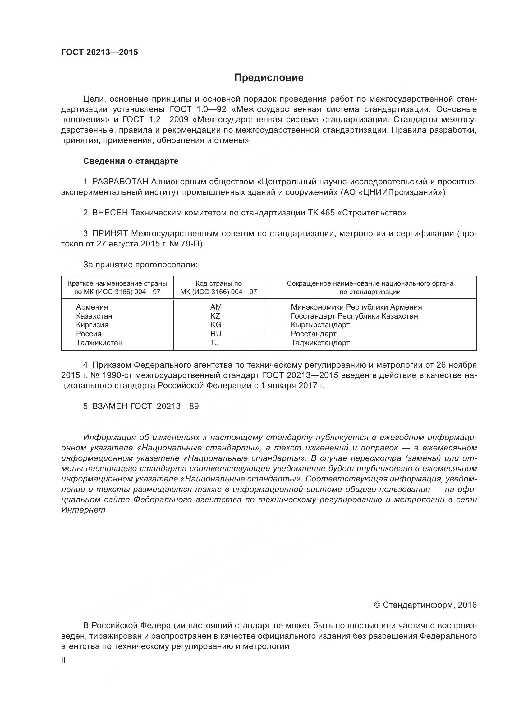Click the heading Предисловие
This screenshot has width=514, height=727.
click(x=269, y=78)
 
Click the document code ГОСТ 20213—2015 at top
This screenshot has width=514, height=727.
click(x=99, y=52)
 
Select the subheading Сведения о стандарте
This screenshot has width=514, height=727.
click(x=131, y=161)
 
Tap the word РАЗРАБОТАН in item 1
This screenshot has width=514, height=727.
click(x=120, y=182)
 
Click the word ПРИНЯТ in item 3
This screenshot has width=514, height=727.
click(x=110, y=234)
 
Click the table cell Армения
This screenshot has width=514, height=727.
click(x=92, y=307)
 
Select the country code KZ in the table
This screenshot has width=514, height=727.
click(x=215, y=316)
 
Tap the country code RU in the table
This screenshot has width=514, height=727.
click(x=216, y=334)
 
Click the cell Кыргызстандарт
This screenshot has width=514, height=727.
click(x=320, y=325)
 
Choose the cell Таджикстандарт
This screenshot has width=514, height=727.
click(x=320, y=343)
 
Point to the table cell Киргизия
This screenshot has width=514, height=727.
click(x=92, y=325)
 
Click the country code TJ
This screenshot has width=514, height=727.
click(x=215, y=343)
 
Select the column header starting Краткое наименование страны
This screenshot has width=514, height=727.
click(x=117, y=288)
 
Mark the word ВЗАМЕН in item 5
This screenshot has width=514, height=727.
click(x=110, y=406)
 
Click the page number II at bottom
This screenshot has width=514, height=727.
click(x=63, y=660)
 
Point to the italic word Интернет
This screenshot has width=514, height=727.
click(x=83, y=510)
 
